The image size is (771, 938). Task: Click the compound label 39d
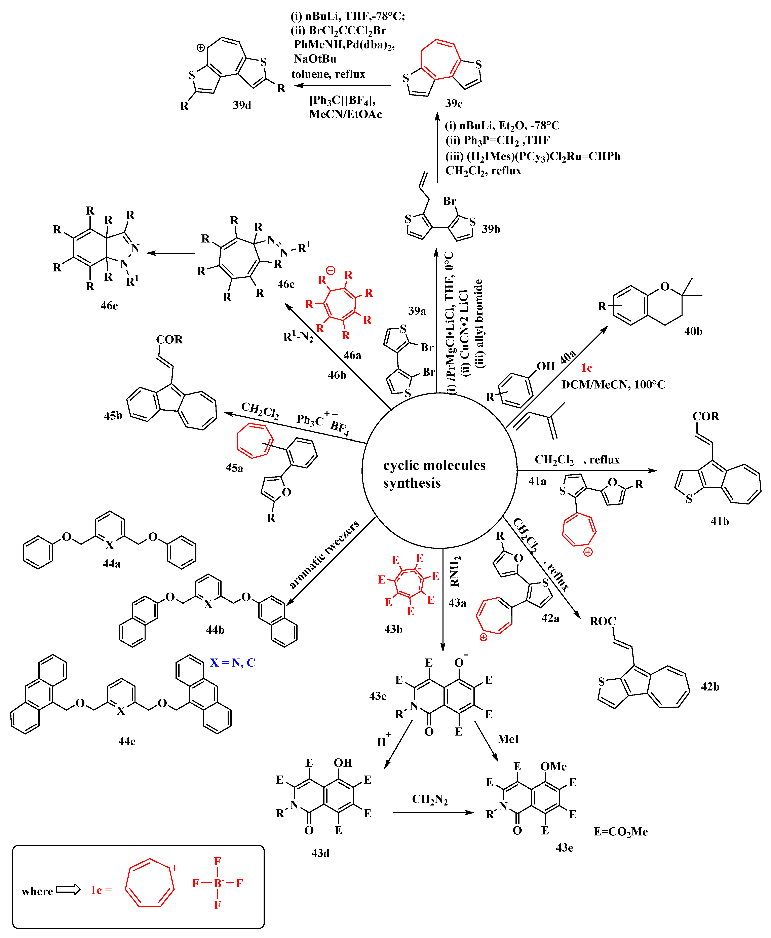242,105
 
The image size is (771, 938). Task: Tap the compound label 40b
693,331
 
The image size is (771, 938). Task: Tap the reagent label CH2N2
429,799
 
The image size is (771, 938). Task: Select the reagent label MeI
508,739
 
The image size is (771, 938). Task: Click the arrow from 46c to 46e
171,253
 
